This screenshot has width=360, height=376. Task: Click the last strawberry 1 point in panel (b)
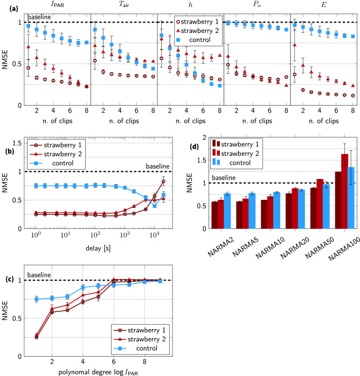[163, 180]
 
